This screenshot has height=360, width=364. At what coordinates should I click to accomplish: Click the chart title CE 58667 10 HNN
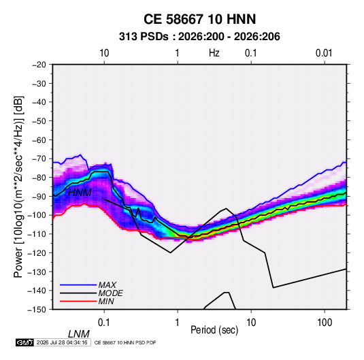[199, 19]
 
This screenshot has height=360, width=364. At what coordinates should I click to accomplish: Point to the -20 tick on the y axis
[39, 65]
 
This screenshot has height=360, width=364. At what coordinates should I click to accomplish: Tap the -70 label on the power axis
[39, 159]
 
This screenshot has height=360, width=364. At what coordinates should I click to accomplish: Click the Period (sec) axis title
[214, 330]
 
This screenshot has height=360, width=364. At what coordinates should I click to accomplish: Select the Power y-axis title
[18, 187]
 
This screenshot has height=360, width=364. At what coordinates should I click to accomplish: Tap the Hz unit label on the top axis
[214, 53]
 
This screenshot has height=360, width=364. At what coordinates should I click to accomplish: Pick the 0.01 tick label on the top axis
[324, 53]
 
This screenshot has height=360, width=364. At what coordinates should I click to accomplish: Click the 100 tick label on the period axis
[325, 323]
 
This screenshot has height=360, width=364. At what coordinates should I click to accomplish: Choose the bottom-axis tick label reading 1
[178, 323]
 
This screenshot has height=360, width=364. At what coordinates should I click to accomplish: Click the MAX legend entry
[107, 284]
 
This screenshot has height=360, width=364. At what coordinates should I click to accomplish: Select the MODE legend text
[110, 293]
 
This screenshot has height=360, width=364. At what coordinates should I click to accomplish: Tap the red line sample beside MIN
[78, 301]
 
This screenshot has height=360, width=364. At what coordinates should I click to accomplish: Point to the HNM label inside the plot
[80, 193]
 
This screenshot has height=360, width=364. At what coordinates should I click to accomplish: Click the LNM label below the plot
[79, 334]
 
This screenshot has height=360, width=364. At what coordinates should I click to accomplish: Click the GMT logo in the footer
[25, 342]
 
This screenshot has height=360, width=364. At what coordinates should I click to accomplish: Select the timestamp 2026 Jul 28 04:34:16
[62, 342]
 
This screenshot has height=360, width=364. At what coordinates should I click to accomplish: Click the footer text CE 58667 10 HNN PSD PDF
[125, 342]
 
